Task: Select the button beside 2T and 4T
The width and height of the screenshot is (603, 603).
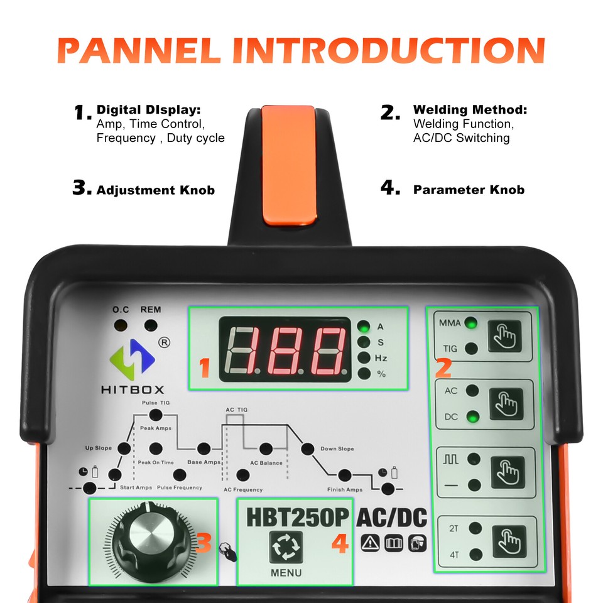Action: (x=507, y=541)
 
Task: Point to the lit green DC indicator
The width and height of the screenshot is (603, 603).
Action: (x=473, y=416)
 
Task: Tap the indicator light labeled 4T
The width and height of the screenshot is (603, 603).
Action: (x=475, y=555)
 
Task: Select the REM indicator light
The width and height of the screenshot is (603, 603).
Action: (x=151, y=325)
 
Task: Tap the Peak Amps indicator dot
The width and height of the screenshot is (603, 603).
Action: (x=155, y=415)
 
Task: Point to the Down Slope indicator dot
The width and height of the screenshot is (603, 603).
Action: (x=308, y=449)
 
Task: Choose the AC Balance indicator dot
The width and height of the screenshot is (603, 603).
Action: (x=266, y=449)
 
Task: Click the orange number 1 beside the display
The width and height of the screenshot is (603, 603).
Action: (x=204, y=367)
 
